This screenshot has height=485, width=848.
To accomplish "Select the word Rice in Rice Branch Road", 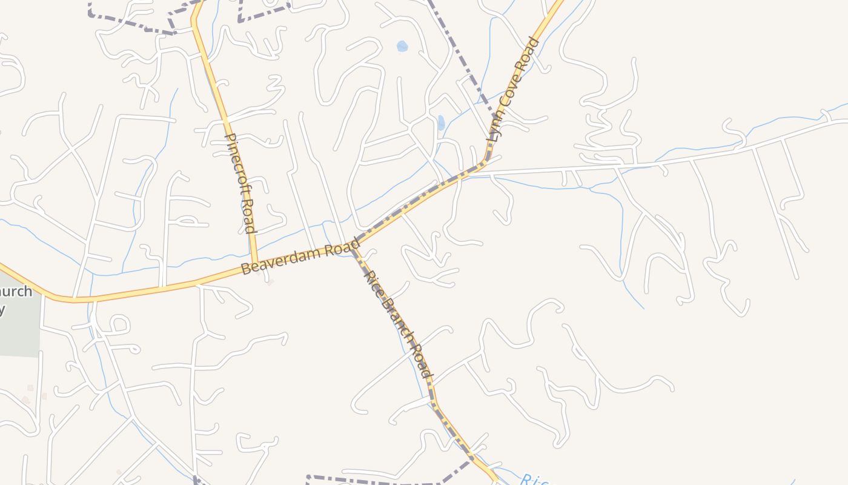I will (x=373, y=283).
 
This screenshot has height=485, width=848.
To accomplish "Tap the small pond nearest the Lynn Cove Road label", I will (x=441, y=122).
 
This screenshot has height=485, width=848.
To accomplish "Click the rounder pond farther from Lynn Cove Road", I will (x=402, y=46).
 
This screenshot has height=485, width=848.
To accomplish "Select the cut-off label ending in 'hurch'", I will (x=16, y=292).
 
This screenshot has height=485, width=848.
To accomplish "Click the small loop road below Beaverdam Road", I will (x=119, y=324).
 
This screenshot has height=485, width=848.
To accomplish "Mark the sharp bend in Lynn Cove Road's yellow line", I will (x=485, y=162).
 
